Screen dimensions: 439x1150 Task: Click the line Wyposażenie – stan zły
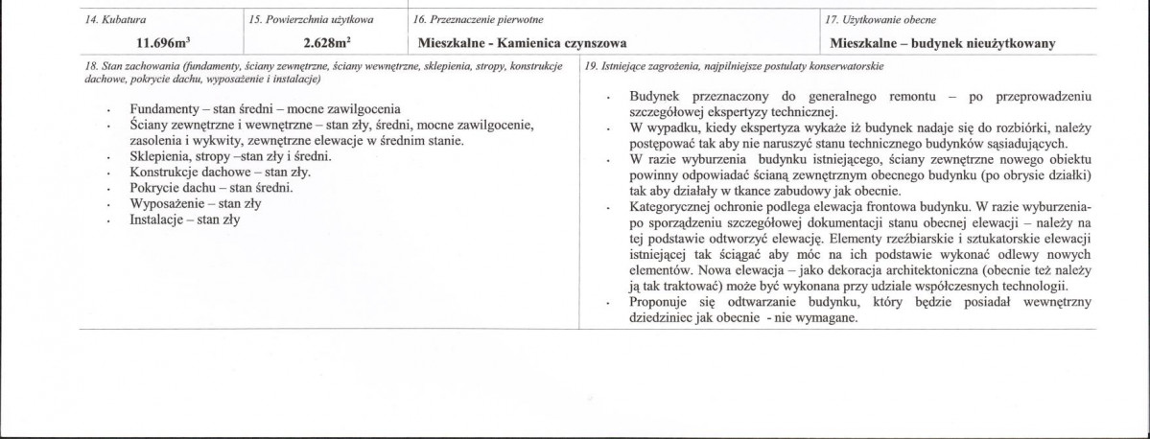pyautogui.click(x=196, y=204)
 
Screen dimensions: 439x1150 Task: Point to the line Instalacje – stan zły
pyautogui.click(x=184, y=219)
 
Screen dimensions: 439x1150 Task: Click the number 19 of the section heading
pyautogui.click(x=590, y=66)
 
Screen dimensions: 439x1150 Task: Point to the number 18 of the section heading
pyautogui.click(x=91, y=66)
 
